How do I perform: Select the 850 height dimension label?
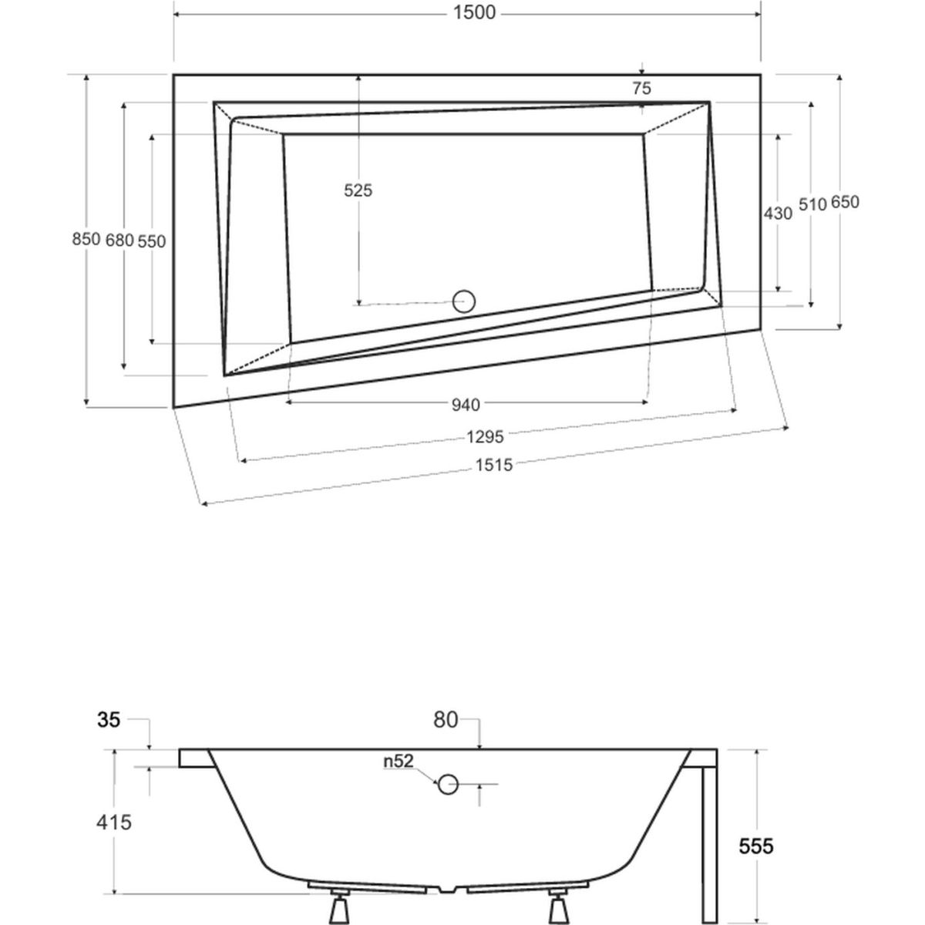[86, 239]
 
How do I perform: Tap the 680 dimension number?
[119, 240]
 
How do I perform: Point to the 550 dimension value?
[152, 240]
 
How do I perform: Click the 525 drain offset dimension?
[358, 190]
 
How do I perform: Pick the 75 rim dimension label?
[641, 88]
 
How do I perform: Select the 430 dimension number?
[777, 214]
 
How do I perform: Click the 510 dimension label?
[812, 203]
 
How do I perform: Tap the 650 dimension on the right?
[844, 203]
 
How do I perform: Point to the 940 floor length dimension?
[466, 404]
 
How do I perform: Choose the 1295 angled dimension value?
[485, 437]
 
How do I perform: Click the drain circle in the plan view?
[465, 301]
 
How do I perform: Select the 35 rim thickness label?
[109, 720]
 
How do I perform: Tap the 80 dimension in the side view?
[445, 720]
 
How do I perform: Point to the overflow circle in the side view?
[448, 785]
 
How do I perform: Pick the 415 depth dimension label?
[113, 822]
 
